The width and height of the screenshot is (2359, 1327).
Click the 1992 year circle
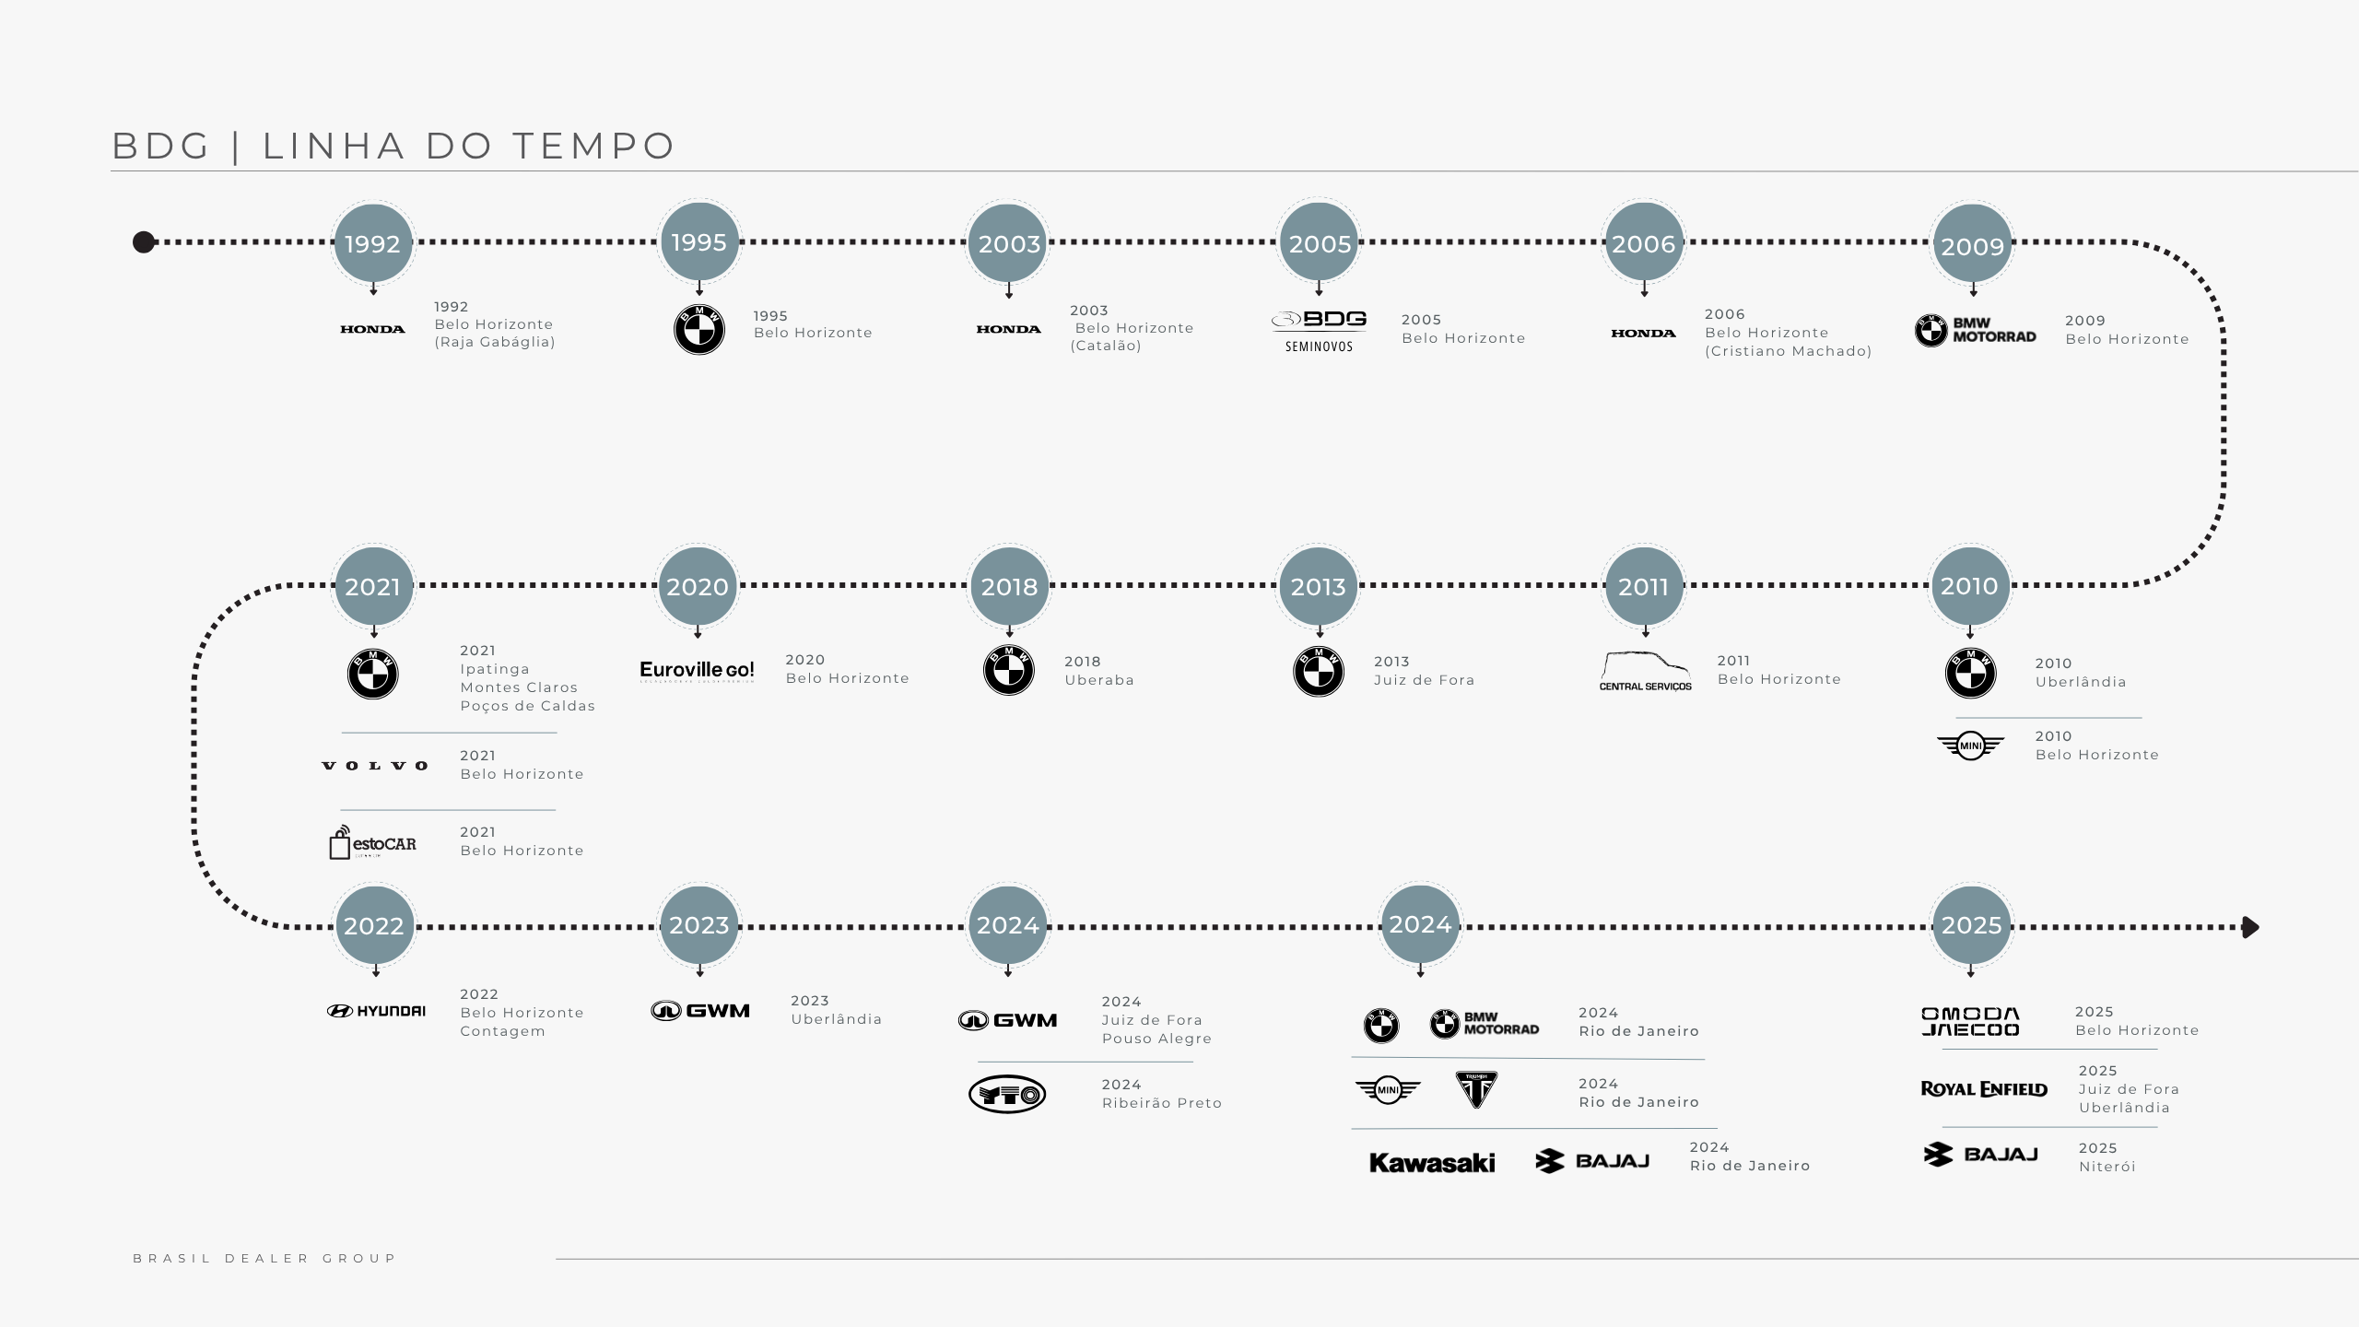coord(372,243)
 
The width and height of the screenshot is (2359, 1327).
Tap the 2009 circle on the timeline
coord(1972,245)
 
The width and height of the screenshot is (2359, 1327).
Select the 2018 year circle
coord(1009,586)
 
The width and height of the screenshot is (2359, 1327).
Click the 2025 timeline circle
coord(1971,925)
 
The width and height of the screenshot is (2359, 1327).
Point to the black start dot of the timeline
coord(144,242)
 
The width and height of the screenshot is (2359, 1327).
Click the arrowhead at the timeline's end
coord(2250,927)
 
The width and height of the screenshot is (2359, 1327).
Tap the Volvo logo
coord(375,766)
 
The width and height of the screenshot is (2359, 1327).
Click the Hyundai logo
coord(376,1011)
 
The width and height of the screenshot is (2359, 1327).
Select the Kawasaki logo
coord(1432,1163)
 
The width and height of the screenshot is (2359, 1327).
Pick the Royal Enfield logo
coord(1984,1089)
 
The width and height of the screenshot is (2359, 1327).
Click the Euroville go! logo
coord(697,670)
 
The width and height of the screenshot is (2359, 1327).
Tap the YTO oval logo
coord(1007,1095)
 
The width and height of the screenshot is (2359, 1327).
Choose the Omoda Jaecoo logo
coord(1970,1021)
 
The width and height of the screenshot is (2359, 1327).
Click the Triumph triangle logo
coord(1476,1089)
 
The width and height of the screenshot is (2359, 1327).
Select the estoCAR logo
coord(373,842)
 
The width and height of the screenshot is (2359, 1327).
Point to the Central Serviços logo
coord(1646,672)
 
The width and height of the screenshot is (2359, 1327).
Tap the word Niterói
coord(2107,1167)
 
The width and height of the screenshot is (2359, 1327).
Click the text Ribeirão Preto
coord(1161,1103)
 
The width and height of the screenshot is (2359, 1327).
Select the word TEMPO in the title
coord(594,146)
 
